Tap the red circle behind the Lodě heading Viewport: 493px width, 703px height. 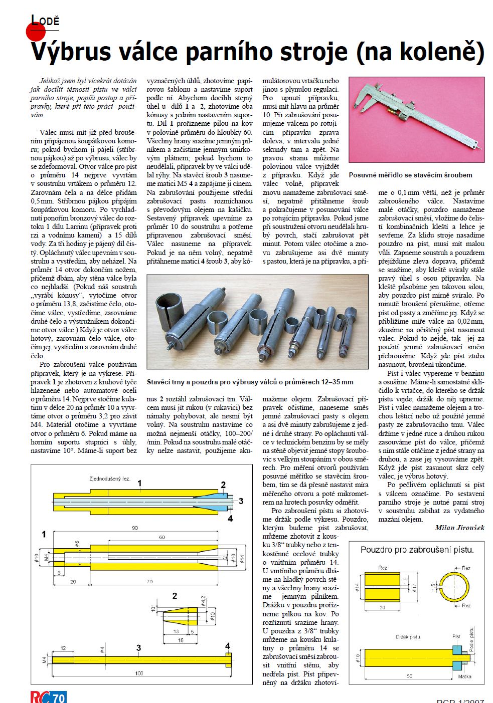pos(35,31)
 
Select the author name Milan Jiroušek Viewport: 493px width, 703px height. pos(459,528)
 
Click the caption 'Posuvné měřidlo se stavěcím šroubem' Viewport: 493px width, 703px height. pos(410,175)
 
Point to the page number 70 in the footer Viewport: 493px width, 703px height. pos(59,697)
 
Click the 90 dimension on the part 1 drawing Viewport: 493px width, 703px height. pos(135,528)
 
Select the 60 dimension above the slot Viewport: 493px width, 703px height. pos(162,537)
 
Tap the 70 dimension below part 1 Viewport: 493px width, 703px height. pos(149,582)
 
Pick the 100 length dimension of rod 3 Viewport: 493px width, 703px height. pos(139,673)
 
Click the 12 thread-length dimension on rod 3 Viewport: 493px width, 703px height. pos(63,648)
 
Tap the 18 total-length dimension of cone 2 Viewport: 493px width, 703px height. pos(181,640)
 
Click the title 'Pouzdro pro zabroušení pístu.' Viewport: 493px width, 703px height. pos(417,550)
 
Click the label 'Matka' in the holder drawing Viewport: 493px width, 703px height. pos(464,676)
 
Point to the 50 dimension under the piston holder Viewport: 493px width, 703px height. pos(409,676)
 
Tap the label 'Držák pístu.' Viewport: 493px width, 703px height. pos(408,637)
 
